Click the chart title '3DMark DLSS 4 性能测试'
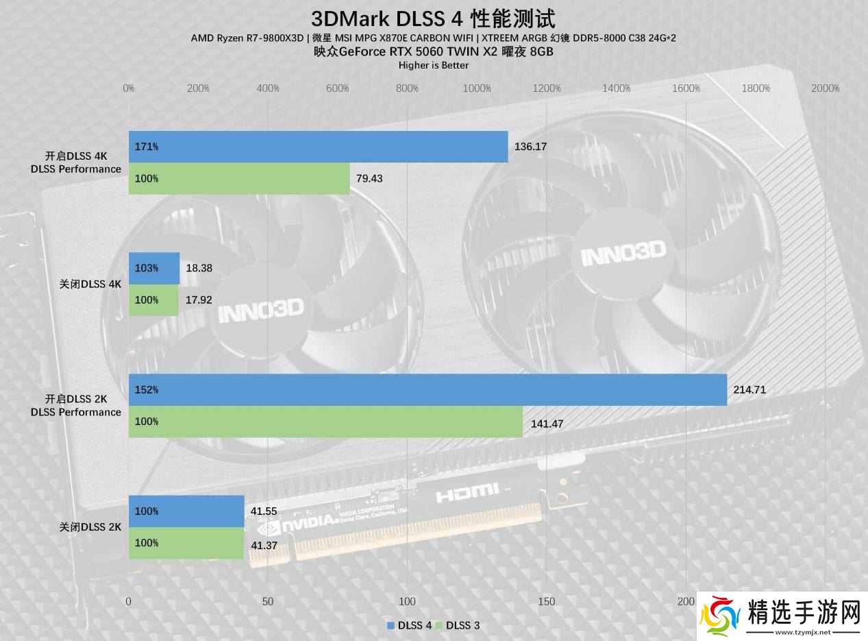click(433, 19)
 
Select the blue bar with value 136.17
click(318, 147)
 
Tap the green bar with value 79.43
click(239, 178)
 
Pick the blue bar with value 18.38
click(154, 268)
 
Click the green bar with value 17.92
click(153, 300)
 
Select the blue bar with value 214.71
click(427, 389)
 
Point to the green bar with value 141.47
click(325, 422)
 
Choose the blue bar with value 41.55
click(186, 511)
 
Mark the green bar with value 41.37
click(186, 543)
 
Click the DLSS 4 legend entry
click(410, 625)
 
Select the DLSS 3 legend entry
click(463, 625)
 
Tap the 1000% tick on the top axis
click(477, 88)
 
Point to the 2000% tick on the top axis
click(825, 88)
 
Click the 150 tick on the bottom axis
click(546, 601)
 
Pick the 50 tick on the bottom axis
click(267, 601)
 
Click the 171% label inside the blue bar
click(147, 147)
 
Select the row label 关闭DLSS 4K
click(90, 284)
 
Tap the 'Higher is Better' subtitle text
click(433, 65)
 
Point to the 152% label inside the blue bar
click(147, 389)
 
